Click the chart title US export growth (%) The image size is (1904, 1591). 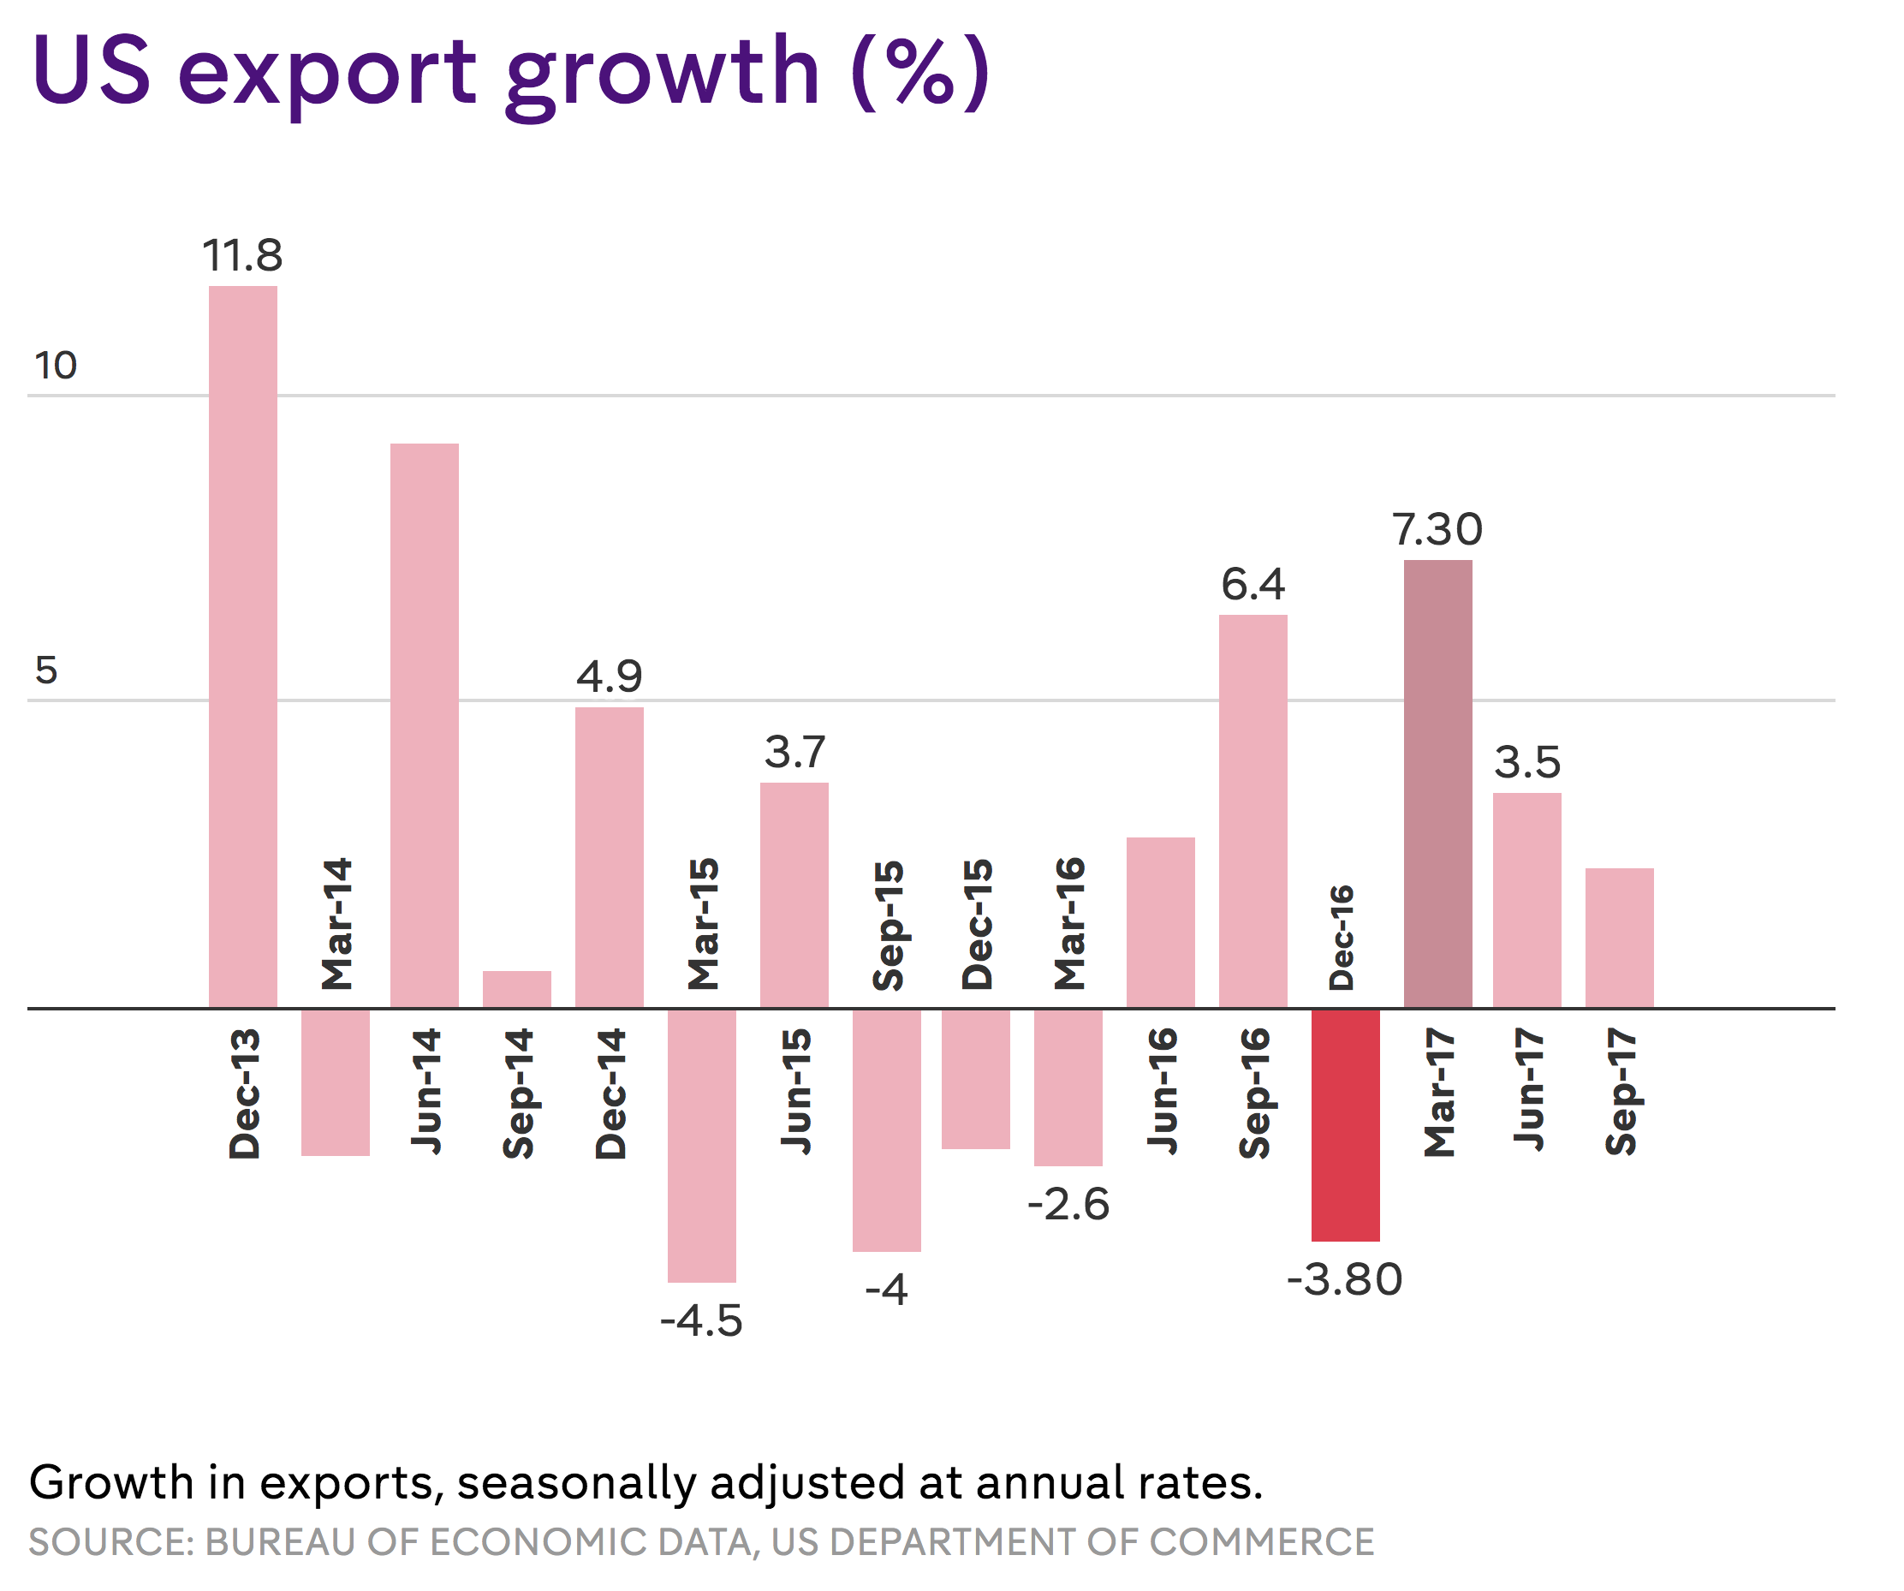pyautogui.click(x=510, y=73)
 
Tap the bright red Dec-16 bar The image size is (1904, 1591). pyautogui.click(x=1345, y=1125)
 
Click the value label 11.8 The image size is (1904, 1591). pyautogui.click(x=242, y=256)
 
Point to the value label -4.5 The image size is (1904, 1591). pyautogui.click(x=701, y=1320)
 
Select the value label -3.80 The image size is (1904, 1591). pyautogui.click(x=1345, y=1280)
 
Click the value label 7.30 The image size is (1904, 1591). pyautogui.click(x=1437, y=530)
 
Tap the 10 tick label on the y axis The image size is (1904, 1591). pyautogui.click(x=56, y=366)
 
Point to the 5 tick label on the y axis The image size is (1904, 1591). pyautogui.click(x=46, y=671)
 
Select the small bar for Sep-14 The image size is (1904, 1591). pyautogui.click(x=517, y=990)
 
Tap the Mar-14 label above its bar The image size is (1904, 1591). pyautogui.click(x=336, y=923)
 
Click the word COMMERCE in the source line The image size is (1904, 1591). pyautogui.click(x=1261, y=1543)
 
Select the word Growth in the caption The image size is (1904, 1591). pyautogui.click(x=110, y=1483)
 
